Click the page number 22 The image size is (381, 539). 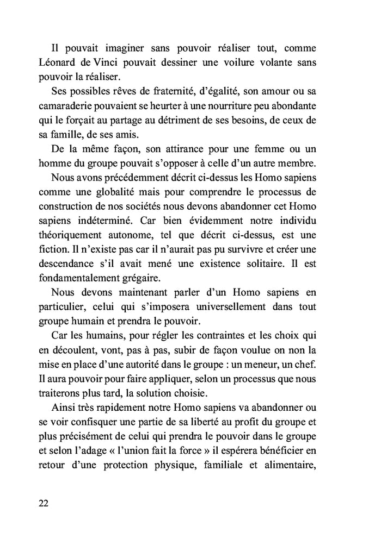pyautogui.click(x=44, y=503)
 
